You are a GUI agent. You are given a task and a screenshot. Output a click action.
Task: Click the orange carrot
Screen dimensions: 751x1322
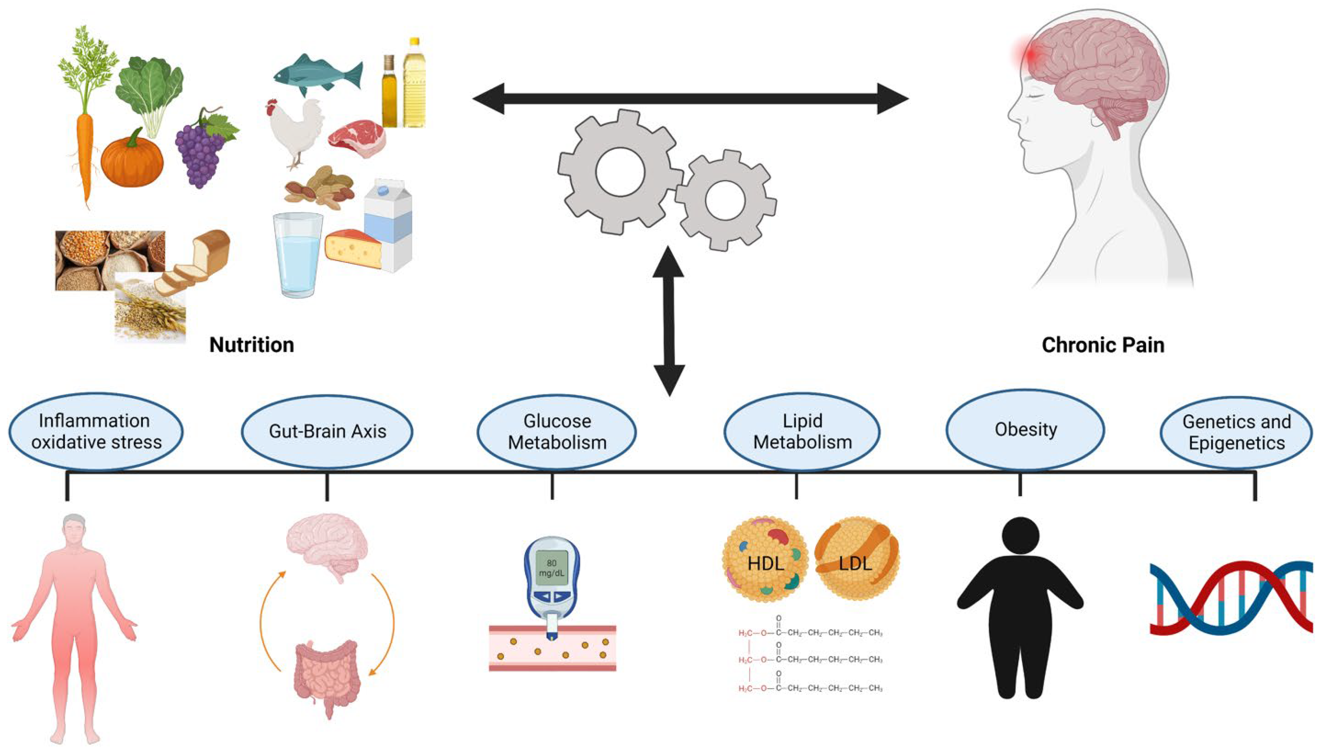[x=85, y=150]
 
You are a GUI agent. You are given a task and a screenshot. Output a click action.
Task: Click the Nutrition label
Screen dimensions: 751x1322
[x=252, y=344]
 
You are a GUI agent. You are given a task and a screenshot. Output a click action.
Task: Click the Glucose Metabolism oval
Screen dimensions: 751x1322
[x=557, y=432]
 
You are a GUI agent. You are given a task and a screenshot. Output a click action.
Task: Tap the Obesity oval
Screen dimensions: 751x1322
[x=1025, y=429]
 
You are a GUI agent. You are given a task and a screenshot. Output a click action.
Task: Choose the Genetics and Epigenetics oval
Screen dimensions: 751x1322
[x=1237, y=432]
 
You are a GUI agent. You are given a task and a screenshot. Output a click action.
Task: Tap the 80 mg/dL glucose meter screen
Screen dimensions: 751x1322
[x=551, y=568]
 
